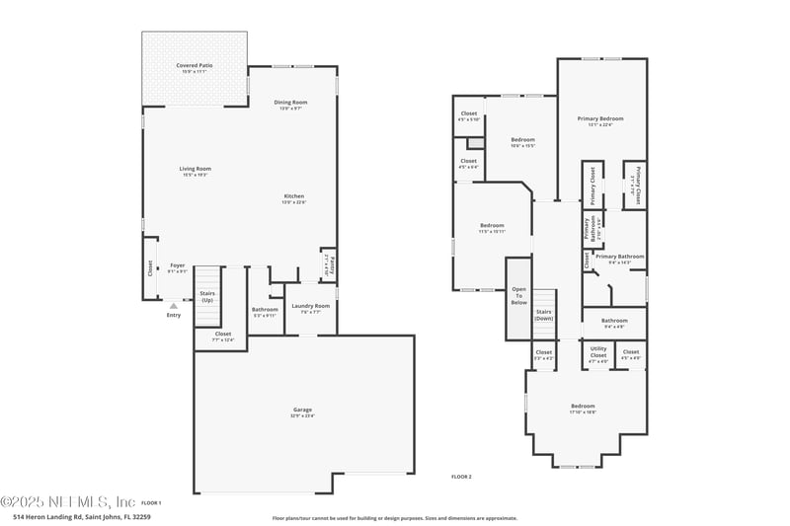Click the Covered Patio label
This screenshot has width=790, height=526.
coord(195,67)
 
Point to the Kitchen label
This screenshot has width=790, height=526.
coord(294,198)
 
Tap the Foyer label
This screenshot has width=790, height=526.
coord(177,266)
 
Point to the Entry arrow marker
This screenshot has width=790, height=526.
coord(174,307)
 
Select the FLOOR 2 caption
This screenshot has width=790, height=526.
coord(461,477)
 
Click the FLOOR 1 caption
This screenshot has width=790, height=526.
coord(151,502)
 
